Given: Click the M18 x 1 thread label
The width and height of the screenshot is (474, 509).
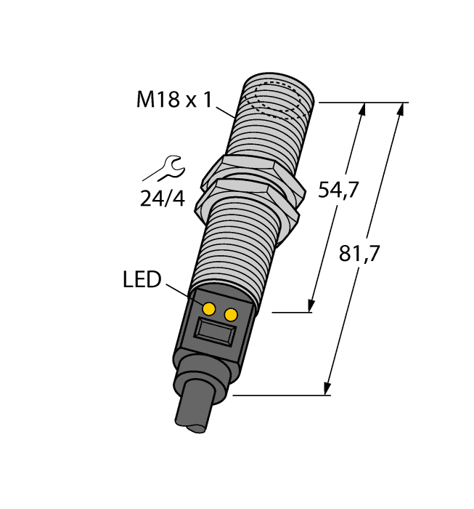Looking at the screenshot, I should [173, 100].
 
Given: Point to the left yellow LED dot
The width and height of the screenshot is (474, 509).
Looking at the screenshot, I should [209, 309].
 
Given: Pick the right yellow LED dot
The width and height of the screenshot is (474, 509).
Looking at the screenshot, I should [232, 314].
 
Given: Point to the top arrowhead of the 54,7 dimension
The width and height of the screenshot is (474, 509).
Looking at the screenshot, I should [362, 109].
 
